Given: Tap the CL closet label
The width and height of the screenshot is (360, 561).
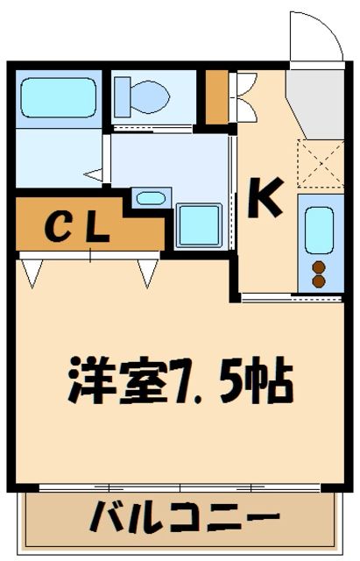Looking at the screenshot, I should point(77,228).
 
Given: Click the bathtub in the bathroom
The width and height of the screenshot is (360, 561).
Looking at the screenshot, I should point(58,97).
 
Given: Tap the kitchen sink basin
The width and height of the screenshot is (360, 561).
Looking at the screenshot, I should point(319,230).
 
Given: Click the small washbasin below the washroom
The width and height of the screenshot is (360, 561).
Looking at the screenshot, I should point(151,198).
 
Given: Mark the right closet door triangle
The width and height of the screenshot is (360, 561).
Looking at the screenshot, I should point(148,273).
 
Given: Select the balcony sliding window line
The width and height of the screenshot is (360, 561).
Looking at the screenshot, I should point(180,487).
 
